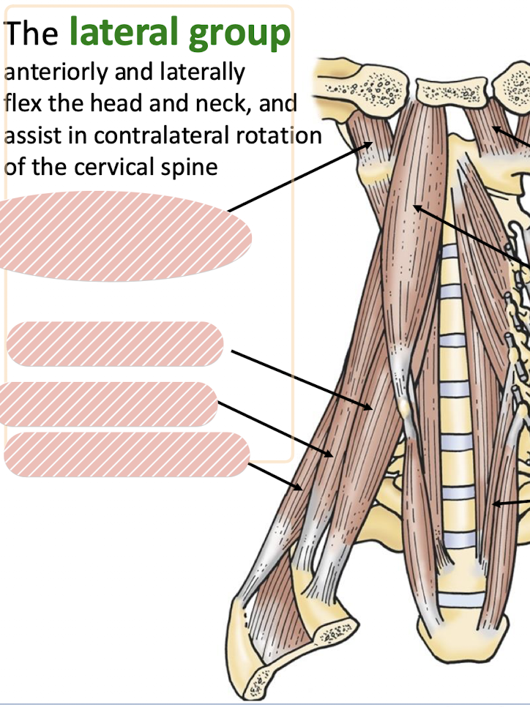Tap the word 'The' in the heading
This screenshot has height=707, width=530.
[33, 34]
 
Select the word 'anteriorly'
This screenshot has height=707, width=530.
[50, 73]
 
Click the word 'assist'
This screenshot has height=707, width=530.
[28, 135]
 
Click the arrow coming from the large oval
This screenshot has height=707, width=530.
[300, 176]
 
